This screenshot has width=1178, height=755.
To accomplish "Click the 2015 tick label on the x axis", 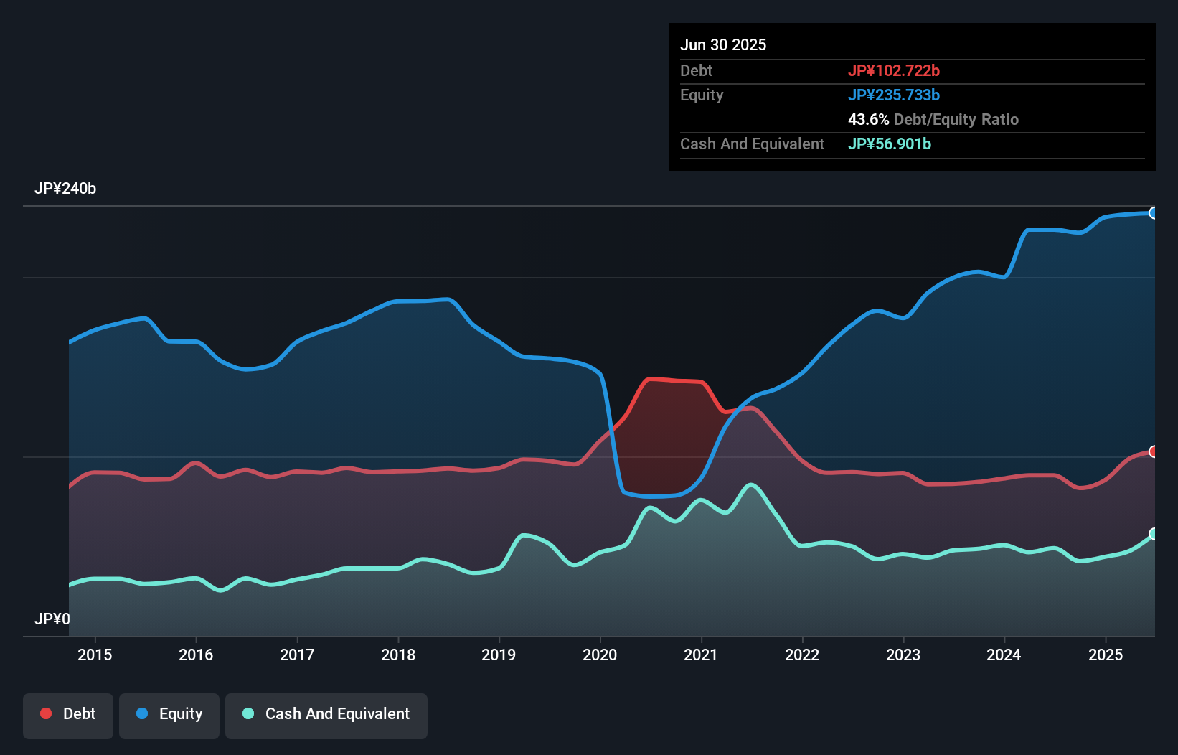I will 95,655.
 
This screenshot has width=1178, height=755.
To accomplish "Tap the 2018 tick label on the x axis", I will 398,655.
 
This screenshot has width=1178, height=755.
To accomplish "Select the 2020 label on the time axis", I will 600,655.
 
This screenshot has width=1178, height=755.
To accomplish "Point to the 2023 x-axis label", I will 903,655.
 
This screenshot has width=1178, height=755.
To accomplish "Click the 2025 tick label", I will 1106,655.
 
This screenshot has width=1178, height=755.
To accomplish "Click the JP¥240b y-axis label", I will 65,189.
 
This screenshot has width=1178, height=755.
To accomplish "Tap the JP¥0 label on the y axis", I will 52,619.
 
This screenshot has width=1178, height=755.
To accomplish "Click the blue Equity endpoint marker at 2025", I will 1154,213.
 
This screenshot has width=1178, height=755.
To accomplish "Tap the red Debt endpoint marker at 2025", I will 1154,451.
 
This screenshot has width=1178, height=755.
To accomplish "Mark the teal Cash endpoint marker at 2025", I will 1154,534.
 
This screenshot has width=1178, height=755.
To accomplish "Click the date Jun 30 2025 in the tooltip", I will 723,44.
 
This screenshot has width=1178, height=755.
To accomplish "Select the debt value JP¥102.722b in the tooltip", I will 894,70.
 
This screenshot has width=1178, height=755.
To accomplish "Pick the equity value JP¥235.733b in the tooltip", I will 894,95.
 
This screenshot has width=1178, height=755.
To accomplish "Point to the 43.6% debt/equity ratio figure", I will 868,119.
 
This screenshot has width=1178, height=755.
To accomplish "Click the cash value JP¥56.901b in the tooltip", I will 890,144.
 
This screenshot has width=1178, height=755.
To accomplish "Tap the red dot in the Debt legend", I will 46,713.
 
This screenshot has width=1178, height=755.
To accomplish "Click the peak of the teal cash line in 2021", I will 751,485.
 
